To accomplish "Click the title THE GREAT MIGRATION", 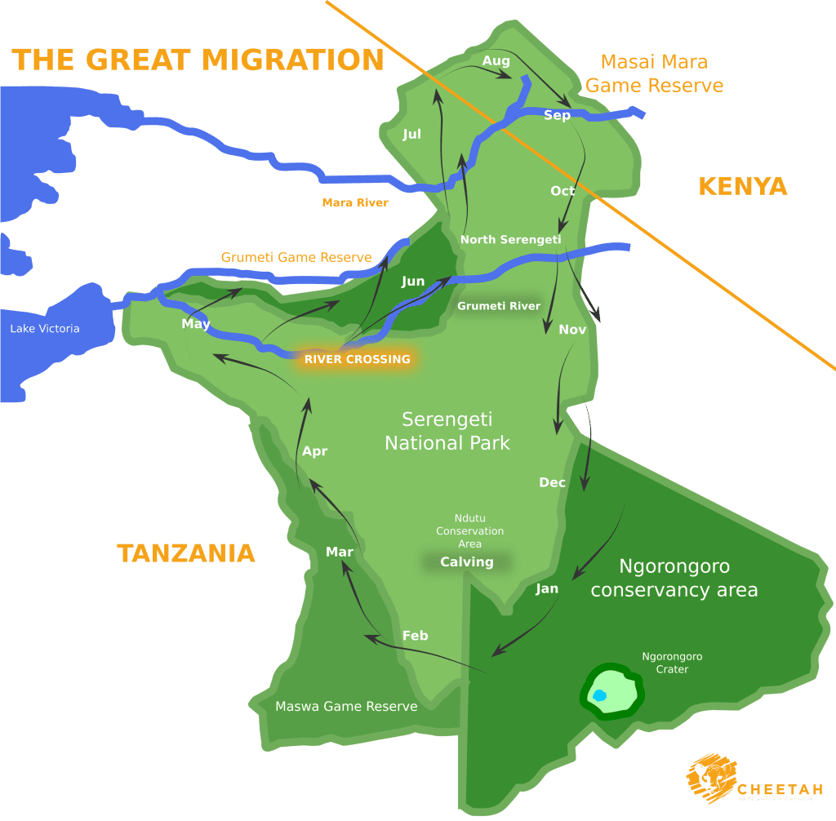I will pos(198,60).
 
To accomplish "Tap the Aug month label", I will pos(496,61).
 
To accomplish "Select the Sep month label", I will pos(557,115).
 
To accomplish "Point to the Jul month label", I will pos(411,134).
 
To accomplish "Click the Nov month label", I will pos(572,330).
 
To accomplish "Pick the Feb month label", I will pos(415,635).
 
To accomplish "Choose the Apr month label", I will pos(314,450).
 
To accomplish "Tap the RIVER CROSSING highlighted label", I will pos(357,359).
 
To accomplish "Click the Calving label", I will pos(467,561).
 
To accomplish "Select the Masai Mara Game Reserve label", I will pos(654,73).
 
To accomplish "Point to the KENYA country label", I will pos(742,186).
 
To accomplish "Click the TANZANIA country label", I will pos(186,553).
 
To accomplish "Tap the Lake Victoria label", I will pos(45,328).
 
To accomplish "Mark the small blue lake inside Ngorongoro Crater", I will pos(599,695).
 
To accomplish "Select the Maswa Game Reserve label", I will pos(346,706).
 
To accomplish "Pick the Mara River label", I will pos(355,202).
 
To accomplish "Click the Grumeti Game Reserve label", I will pos(296,257).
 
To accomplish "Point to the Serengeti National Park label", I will pos(447,431).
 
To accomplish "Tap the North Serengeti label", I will pos(510,239).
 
